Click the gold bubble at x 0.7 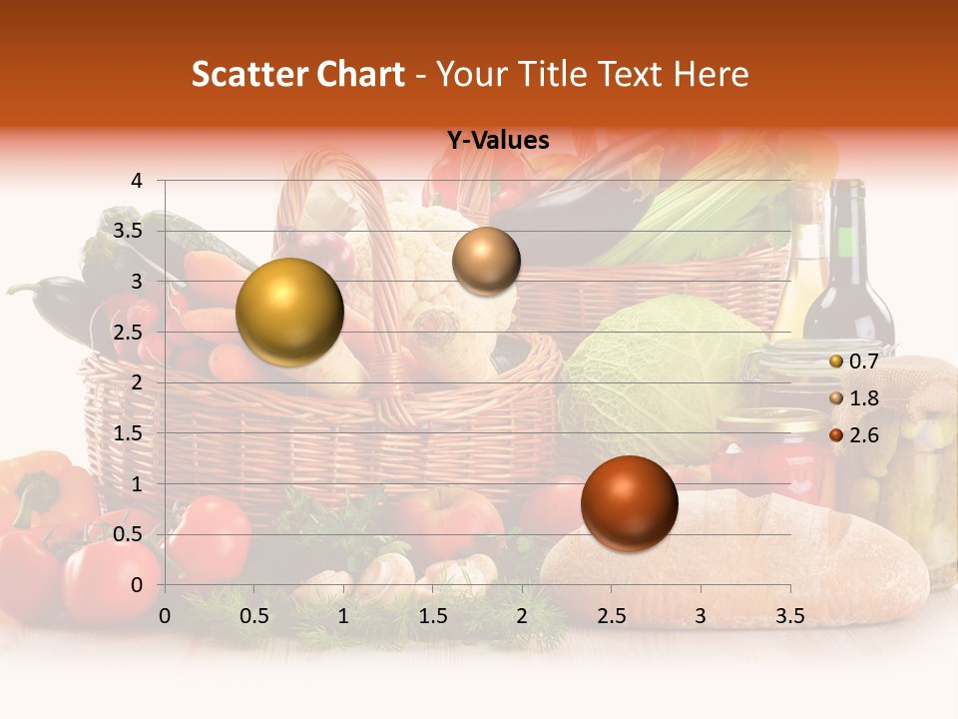(289, 312)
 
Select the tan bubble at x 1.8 (486, 261)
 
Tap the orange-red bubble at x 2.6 (629, 503)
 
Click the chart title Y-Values (498, 141)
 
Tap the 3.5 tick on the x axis (789, 616)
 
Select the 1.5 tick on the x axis (432, 616)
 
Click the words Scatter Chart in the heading (297, 74)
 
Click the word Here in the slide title (712, 74)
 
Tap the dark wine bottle (848, 270)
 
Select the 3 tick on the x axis (700, 616)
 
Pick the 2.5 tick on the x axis (611, 616)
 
